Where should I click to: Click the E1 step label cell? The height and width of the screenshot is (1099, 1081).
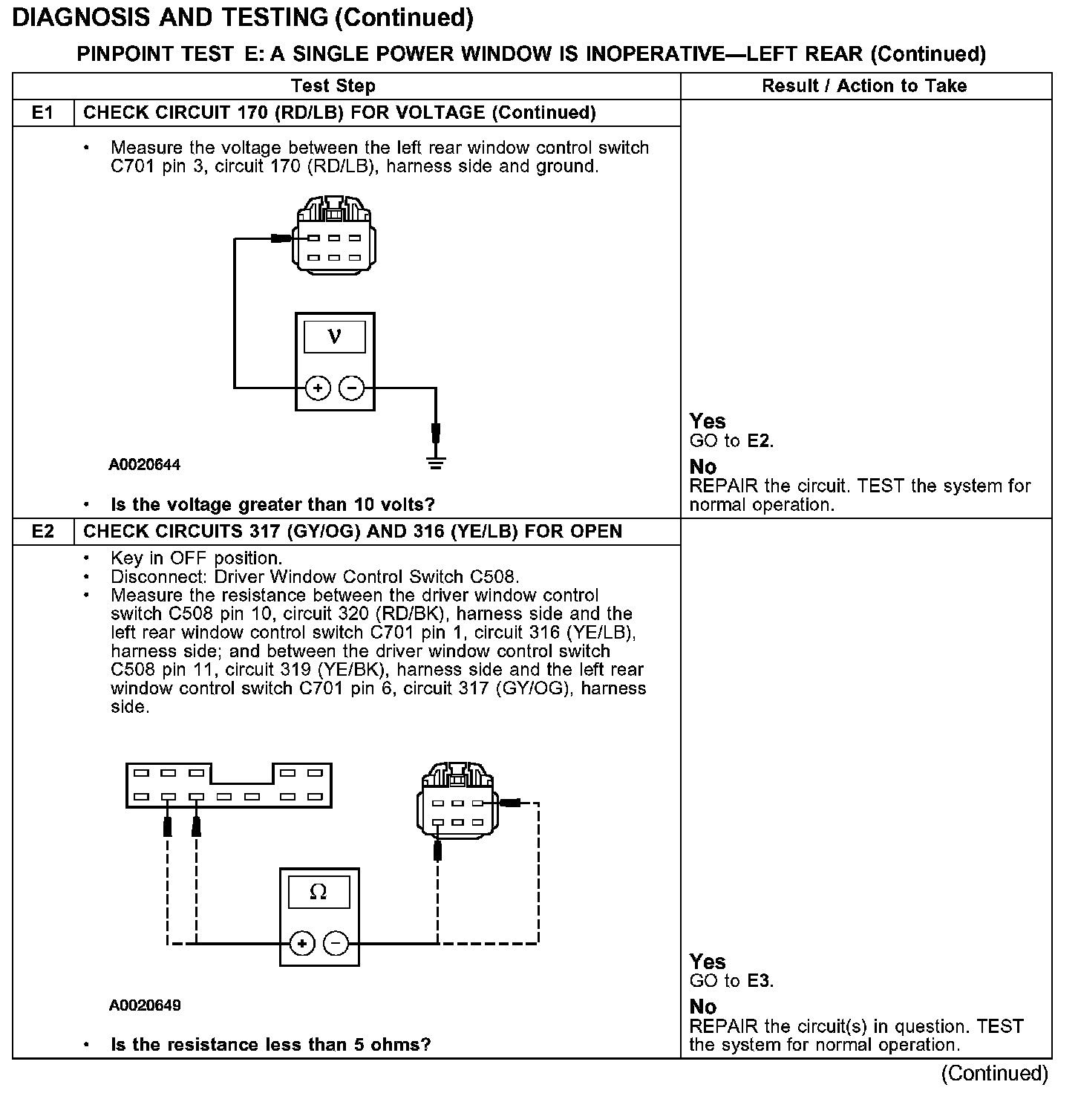(43, 113)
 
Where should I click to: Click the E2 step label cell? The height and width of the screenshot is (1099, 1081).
(43, 532)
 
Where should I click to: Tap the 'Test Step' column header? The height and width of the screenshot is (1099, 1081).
(333, 86)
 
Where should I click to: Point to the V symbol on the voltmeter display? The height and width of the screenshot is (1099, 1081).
(335, 336)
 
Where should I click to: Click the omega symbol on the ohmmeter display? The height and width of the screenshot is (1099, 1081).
(319, 892)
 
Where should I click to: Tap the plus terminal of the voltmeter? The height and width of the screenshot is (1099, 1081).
(318, 388)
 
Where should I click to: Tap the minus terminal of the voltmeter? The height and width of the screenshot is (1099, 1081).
(352, 388)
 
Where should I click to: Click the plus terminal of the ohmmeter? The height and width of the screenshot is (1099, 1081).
(301, 944)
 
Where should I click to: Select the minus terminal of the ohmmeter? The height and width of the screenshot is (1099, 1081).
(336, 944)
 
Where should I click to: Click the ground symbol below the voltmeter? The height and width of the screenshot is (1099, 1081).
(436, 463)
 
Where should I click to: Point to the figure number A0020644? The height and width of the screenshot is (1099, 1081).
(145, 466)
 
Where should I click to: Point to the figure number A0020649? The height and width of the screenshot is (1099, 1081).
(145, 1005)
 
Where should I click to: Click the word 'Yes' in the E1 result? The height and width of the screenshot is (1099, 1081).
(707, 422)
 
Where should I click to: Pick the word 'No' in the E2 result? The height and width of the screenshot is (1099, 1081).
(703, 1007)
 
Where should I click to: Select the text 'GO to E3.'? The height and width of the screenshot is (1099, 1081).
(731, 981)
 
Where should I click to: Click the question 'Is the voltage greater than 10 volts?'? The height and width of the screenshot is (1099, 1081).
(272, 505)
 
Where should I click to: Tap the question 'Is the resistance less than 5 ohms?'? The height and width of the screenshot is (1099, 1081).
(270, 1045)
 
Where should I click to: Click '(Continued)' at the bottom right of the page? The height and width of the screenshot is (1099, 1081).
(994, 1073)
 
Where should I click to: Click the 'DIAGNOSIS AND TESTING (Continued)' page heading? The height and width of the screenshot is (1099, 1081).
(243, 18)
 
